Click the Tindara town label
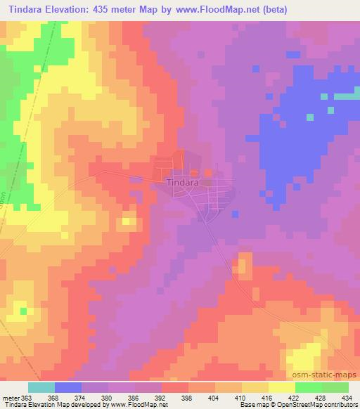point(182,181)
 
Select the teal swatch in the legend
point(41,387)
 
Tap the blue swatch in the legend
point(68,387)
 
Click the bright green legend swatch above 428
point(308,387)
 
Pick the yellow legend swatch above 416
point(255,387)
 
